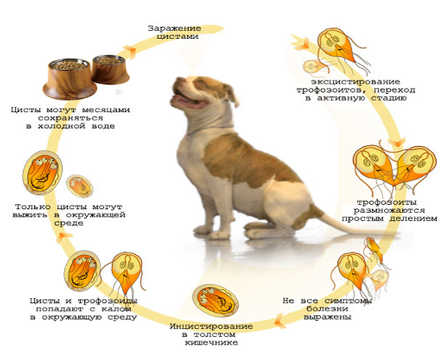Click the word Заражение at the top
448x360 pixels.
point(171,28)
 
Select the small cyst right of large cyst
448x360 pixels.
point(80,186)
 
